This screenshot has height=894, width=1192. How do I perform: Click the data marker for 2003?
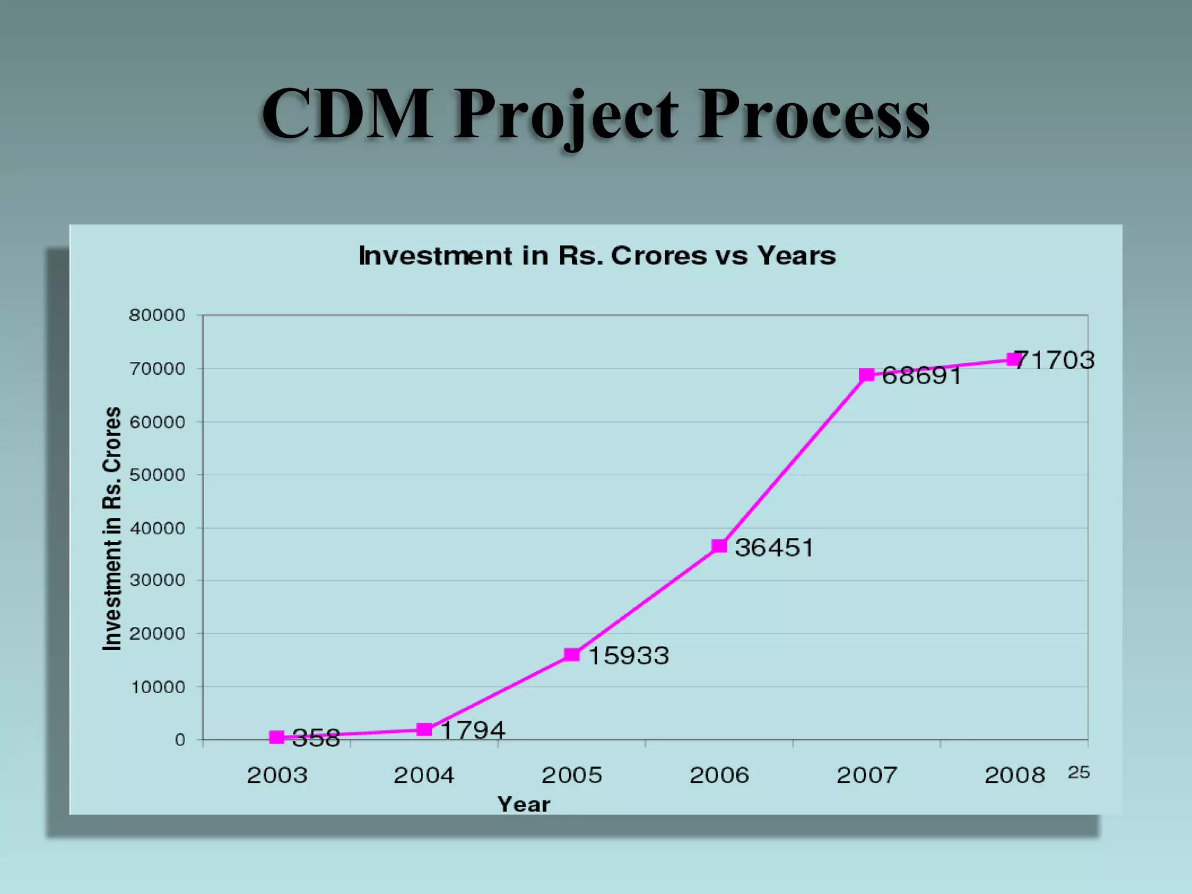[x=277, y=737]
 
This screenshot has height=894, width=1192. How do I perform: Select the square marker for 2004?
[x=424, y=729]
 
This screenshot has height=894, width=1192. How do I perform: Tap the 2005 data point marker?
[x=572, y=655]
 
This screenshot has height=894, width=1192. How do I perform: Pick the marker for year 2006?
[x=719, y=546]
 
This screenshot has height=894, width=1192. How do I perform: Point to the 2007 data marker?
[x=867, y=375]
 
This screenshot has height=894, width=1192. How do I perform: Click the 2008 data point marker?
[x=1014, y=360]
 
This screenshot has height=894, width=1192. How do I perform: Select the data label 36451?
[x=774, y=548]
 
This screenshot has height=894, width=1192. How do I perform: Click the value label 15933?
[x=629, y=656]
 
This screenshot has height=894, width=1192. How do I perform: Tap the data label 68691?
[x=921, y=376]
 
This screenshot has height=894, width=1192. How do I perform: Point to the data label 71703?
[x=1055, y=360]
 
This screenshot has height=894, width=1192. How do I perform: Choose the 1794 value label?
[x=473, y=730]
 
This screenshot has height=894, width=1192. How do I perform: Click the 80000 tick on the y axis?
[x=157, y=315]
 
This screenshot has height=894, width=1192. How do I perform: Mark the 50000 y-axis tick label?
[x=157, y=475]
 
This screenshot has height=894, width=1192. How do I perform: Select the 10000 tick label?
[x=158, y=687]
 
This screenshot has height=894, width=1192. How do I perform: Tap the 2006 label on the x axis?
[x=719, y=775]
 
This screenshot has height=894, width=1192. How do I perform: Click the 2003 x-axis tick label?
[x=277, y=775]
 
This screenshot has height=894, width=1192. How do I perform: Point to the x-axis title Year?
[x=524, y=804]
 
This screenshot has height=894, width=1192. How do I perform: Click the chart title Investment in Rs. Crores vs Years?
[x=597, y=256]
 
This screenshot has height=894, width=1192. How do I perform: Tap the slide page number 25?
[x=1079, y=772]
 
